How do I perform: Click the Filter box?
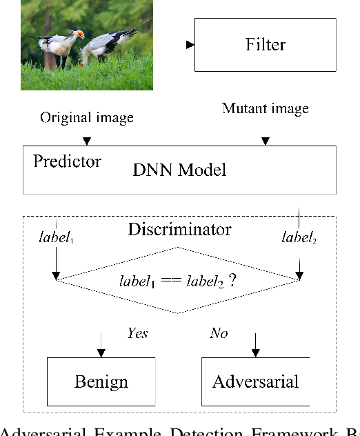[266, 46]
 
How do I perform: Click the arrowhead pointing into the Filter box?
[190, 46]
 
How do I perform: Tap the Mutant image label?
[266, 109]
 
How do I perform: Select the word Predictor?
[67, 162]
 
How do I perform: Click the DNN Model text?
[179, 170]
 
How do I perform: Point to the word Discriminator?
[179, 229]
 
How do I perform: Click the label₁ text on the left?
[56, 238]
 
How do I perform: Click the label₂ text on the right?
[299, 238]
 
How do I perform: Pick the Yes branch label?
[137, 333]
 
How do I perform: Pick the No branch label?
[219, 333]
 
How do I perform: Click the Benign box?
[101, 381]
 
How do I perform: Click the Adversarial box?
[255, 381]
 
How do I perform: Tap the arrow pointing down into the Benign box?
[101, 351]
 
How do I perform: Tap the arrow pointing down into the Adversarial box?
[255, 351]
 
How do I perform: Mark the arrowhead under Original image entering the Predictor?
[86, 141]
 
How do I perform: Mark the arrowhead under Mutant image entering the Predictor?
[266, 141]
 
